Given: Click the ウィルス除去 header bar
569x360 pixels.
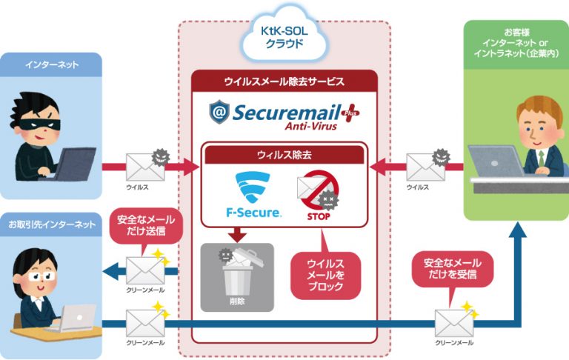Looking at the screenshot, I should (x=284, y=155).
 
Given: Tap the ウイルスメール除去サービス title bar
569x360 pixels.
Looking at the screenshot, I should (x=284, y=81).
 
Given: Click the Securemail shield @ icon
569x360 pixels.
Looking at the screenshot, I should (x=219, y=113).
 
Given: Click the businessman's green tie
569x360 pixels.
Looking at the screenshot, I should (x=541, y=159).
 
